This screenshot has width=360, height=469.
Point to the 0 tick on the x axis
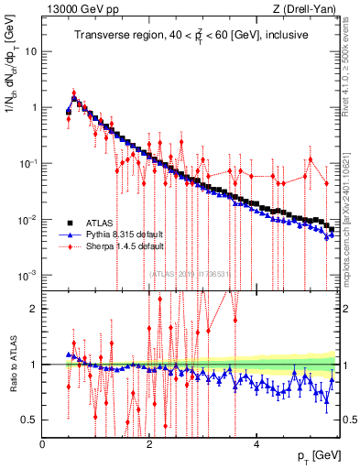(42, 444)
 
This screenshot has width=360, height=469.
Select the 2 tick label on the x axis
(149, 444)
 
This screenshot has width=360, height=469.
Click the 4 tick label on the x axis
(256, 444)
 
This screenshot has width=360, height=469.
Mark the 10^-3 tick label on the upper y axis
(27, 276)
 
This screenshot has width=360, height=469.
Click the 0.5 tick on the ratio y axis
(29, 420)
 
